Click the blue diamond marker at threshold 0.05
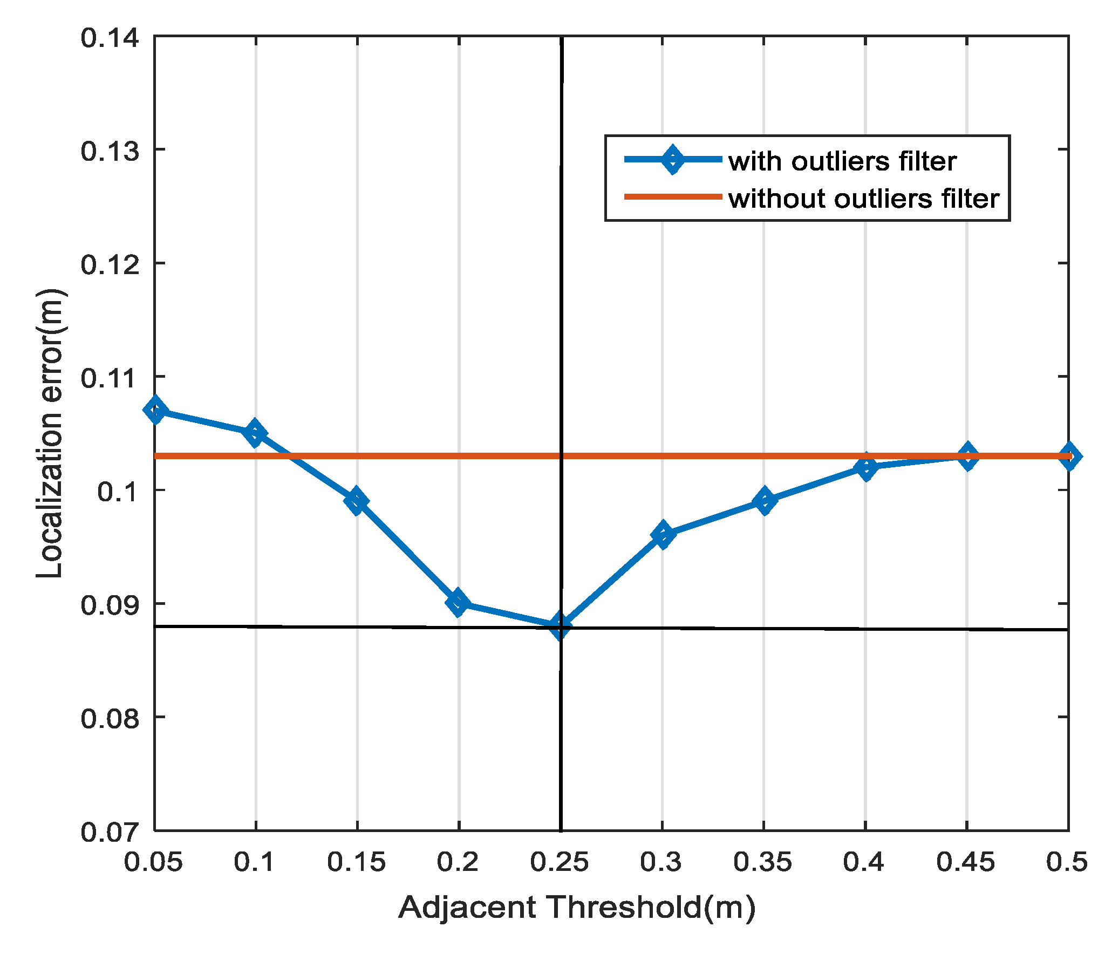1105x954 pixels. click(x=155, y=410)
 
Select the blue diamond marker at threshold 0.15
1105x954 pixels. click(x=356, y=501)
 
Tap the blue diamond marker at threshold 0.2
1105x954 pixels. click(x=458, y=603)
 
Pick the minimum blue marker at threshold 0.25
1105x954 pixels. click(x=560, y=625)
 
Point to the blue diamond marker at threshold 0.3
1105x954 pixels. click(x=663, y=535)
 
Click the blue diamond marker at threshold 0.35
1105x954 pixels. click(x=764, y=501)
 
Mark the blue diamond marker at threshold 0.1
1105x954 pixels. click(x=255, y=433)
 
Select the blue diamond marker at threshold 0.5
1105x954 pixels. click(x=1069, y=456)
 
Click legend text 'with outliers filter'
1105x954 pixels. click(x=842, y=161)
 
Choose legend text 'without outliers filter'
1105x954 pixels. click(x=864, y=199)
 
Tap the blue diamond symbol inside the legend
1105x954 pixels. click(x=673, y=159)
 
